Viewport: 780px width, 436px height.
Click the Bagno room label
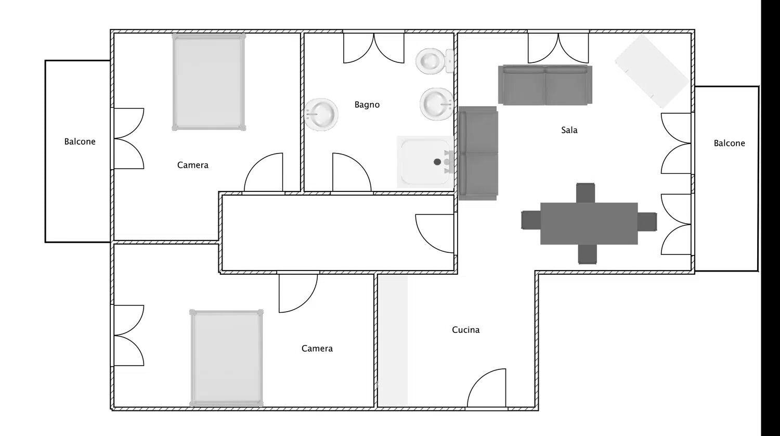tap(367, 105)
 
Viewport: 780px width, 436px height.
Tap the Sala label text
tap(569, 130)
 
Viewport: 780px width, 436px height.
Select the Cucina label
tap(465, 330)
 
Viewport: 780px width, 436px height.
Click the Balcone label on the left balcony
tap(80, 142)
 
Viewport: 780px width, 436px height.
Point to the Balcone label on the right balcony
tap(729, 143)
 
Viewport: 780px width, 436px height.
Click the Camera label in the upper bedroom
tap(192, 165)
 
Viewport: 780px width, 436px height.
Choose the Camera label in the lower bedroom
tap(317, 349)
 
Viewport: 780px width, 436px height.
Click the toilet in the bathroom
tap(435, 61)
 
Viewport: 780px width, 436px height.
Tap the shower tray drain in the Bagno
tap(437, 162)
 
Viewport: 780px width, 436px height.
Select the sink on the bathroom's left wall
tap(321, 114)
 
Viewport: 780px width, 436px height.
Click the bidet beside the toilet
tap(436, 104)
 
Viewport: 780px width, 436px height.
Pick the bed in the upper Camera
tap(209, 82)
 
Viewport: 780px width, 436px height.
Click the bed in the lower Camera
tap(226, 358)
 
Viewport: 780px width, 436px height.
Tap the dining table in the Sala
tap(589, 223)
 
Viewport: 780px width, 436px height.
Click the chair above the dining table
tap(586, 193)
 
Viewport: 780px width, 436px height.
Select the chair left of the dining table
tap(531, 220)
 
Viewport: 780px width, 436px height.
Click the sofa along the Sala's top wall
tap(545, 85)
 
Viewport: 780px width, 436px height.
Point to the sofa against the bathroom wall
tap(478, 153)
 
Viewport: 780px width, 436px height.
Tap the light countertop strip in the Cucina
tap(393, 340)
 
